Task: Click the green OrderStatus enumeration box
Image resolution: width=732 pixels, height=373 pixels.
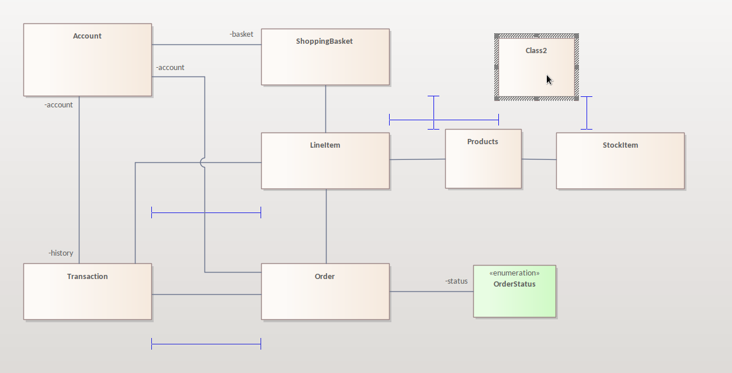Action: coord(514,298)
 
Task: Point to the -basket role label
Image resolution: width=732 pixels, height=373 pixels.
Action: coord(241,34)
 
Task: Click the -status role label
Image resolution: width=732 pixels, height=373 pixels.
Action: coord(456,281)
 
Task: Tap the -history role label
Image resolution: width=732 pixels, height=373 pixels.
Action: coord(61,253)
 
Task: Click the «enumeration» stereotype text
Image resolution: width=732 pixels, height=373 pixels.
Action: coord(514,273)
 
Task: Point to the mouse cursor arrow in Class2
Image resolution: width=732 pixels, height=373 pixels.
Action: coord(549,79)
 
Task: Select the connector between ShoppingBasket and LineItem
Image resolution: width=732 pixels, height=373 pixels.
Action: coord(325,109)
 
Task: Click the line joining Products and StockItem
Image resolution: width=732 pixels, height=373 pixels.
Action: coord(539,159)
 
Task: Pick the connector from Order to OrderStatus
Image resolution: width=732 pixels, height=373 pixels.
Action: coord(431,291)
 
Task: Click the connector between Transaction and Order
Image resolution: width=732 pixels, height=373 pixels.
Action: coord(206,294)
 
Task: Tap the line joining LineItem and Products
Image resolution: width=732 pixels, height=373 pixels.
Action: coord(417,159)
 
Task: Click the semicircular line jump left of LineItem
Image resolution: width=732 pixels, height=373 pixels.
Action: coord(202,162)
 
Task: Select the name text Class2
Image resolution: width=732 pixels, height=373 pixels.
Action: coord(536,51)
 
